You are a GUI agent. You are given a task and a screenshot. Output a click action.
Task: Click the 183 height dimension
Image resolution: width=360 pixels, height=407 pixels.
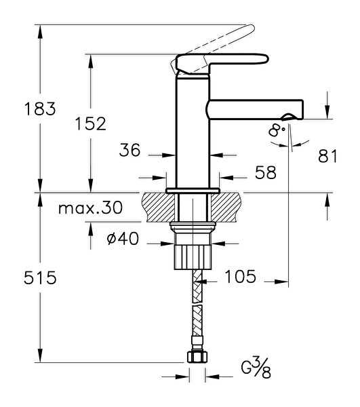(x=40, y=109)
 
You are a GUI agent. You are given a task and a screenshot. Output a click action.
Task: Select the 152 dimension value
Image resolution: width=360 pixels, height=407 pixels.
(x=91, y=124)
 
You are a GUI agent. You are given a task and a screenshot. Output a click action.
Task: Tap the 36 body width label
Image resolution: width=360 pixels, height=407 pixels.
(x=129, y=150)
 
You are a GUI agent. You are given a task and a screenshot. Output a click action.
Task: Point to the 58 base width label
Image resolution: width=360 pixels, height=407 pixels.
(x=266, y=172)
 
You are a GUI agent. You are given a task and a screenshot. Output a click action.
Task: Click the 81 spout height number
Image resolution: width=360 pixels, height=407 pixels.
(x=327, y=156)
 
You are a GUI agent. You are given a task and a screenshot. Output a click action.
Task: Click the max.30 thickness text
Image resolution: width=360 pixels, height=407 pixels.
(x=90, y=208)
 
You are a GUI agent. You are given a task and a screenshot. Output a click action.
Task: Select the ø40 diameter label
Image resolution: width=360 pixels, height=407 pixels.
(x=123, y=239)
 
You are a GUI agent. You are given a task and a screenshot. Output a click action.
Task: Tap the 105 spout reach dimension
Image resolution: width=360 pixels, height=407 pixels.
(x=240, y=276)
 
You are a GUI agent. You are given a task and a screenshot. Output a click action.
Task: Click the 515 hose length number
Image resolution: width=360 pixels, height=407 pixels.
(x=40, y=277)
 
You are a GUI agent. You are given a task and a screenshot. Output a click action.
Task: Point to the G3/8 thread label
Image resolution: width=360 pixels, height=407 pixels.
(x=256, y=368)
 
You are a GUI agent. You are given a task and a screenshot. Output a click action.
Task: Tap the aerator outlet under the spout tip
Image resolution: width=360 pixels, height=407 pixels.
(x=288, y=117)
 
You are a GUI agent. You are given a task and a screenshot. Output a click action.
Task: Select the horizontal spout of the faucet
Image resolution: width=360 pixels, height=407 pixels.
(x=256, y=109)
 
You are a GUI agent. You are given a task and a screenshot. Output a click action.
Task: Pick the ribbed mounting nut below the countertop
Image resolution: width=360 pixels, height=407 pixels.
(x=193, y=257)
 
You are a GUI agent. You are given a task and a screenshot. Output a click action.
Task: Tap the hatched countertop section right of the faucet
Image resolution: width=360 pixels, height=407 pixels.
(x=226, y=207)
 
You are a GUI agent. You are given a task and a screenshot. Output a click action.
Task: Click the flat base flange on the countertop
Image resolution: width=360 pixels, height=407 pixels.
(x=193, y=190)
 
